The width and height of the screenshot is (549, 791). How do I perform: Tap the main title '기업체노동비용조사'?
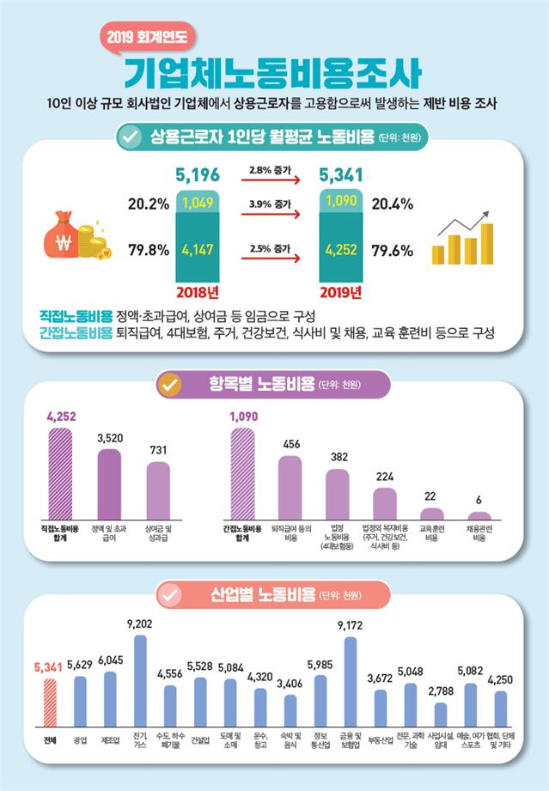tap(273, 71)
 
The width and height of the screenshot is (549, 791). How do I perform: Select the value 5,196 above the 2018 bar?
tap(197, 175)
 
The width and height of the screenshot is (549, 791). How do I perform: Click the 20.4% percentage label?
tap(394, 204)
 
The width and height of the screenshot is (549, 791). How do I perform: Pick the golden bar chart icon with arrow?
tap(463, 237)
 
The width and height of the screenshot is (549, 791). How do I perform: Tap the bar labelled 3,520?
tap(109, 484)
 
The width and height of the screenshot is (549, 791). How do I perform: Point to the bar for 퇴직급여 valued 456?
tap(290, 487)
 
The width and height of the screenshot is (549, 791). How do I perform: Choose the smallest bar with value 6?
tap(478, 515)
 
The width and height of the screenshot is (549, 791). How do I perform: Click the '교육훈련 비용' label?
tap(431, 532)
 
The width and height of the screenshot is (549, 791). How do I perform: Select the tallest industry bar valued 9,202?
tap(140, 677)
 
